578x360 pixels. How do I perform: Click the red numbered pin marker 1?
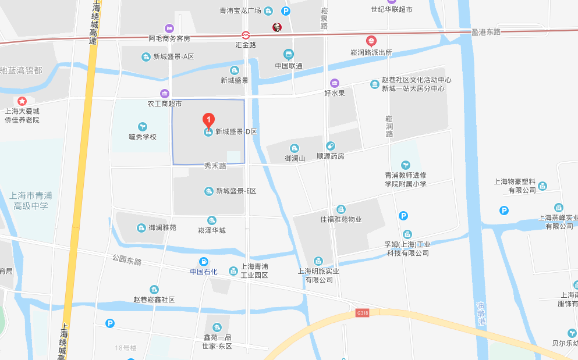208,120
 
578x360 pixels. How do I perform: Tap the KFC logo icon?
277,27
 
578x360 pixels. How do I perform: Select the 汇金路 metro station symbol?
246,35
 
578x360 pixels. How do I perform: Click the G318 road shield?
362,313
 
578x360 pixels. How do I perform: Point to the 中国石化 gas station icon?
204,262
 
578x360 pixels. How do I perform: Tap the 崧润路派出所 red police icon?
371,41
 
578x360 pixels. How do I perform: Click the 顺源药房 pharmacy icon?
331,146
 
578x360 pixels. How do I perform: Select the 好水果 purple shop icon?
334,83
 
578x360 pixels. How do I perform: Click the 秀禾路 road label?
215,166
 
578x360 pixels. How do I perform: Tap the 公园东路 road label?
127,260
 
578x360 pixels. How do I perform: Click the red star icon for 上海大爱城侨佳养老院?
22,101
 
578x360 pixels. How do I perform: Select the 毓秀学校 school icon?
143,126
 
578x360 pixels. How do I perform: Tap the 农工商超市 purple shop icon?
165,94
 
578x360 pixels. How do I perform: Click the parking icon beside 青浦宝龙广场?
285,11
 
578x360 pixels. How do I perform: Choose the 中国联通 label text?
289,66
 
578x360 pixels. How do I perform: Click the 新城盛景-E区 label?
236,191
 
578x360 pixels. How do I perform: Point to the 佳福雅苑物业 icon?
341,209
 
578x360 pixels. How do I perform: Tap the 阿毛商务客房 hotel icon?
169,28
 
